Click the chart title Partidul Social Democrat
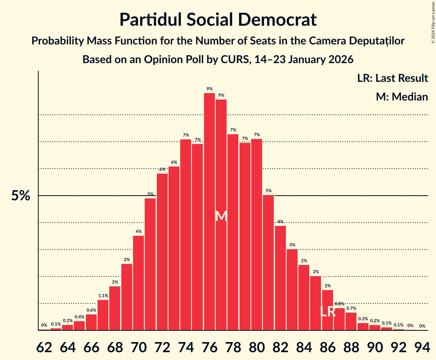coord(218,19)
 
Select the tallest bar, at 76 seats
coord(209,210)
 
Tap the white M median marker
coord(221,216)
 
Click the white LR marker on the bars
coord(328,312)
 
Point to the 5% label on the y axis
coord(21,196)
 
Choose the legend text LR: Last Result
coord(392,78)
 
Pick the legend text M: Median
coord(402,97)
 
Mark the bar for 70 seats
coord(138,282)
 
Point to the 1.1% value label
coord(103,296)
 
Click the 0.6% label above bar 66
coord(91,310)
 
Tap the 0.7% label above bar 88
coord(351,308)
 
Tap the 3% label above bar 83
coord(292,245)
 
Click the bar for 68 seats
coord(115,308)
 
